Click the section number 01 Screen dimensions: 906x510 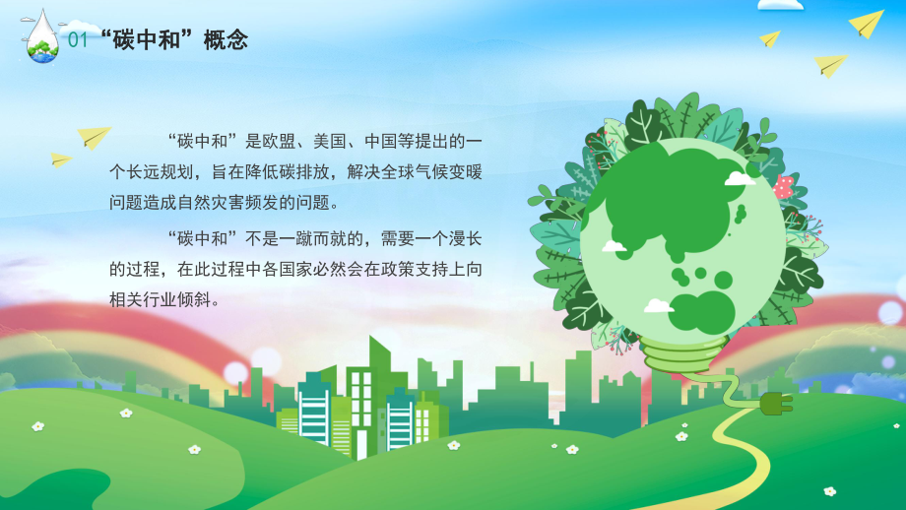point(78,39)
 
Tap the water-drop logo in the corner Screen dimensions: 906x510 point(42,36)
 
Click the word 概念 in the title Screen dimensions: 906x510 point(226,39)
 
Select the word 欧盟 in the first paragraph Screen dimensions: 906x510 point(279,141)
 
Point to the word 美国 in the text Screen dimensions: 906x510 point(330,141)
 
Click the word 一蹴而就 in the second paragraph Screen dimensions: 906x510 point(312,238)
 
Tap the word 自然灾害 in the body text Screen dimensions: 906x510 point(211,202)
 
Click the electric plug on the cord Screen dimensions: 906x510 point(776,403)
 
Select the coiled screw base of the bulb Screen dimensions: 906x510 point(683,354)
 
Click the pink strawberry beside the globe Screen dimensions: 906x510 point(783,187)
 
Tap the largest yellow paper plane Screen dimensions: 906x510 point(866,24)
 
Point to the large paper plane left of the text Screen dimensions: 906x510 point(94,137)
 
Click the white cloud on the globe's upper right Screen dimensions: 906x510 point(739,178)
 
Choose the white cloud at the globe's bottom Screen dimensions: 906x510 point(658,305)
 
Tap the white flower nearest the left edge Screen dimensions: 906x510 point(38,426)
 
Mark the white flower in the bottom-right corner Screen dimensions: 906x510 point(830,491)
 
